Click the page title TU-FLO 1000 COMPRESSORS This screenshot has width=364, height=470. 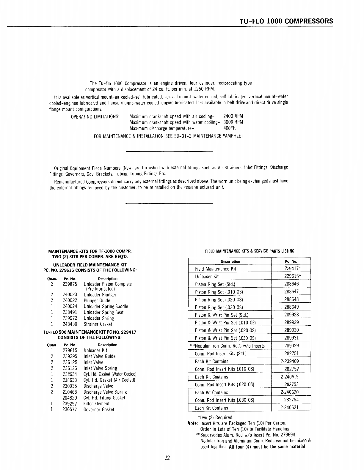pyautogui.click(x=286, y=21)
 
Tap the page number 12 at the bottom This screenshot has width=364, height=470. pyautogui.click(x=167, y=458)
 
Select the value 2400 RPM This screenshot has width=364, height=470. pyautogui.click(x=233, y=116)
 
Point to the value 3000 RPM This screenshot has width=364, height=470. pyautogui.click(x=233, y=122)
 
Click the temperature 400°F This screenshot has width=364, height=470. pyautogui.click(x=230, y=128)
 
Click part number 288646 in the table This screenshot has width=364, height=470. pyautogui.click(x=291, y=284)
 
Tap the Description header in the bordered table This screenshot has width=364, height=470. pyautogui.click(x=230, y=261)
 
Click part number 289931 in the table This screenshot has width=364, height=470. pyautogui.click(x=291, y=338)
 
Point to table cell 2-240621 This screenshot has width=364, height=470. pyautogui.click(x=289, y=408)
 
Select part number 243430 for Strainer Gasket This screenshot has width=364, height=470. pyautogui.click(x=70, y=324)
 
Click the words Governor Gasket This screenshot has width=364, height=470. pyautogui.click(x=99, y=410)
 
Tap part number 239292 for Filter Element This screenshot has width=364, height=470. pyautogui.click(x=70, y=404)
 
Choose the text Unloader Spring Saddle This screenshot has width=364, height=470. pyautogui.click(x=106, y=306)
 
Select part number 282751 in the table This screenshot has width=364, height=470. pyautogui.click(x=291, y=354)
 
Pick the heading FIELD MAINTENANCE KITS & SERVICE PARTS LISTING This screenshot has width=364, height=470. pyautogui.click(x=250, y=251)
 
